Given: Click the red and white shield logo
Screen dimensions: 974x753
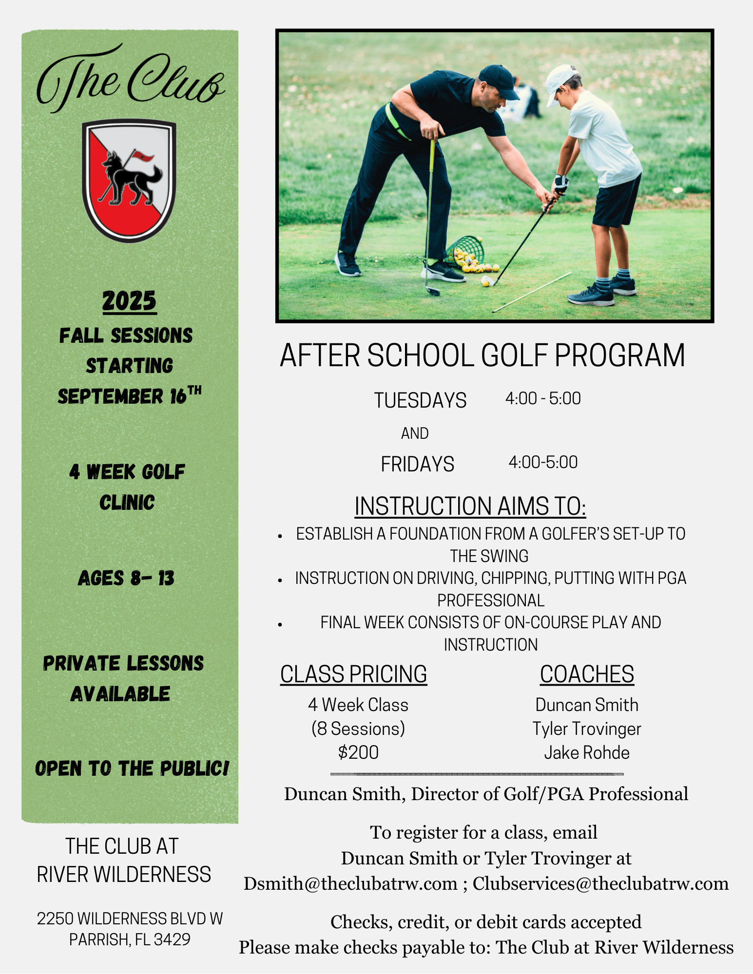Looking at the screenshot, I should (x=129, y=180).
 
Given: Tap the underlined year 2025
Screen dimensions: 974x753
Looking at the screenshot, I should (x=129, y=301).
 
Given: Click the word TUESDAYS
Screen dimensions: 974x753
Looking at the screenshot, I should (x=420, y=400).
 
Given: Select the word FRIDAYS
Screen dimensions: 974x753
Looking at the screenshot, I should (x=417, y=464).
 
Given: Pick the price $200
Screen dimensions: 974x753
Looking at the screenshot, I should (x=358, y=752).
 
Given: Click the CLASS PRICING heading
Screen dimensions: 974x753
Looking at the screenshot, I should (x=353, y=674).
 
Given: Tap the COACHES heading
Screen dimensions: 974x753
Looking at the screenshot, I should (x=587, y=674).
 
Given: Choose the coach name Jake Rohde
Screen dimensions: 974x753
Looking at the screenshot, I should (x=587, y=753).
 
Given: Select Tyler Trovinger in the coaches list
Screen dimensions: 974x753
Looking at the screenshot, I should (x=587, y=729).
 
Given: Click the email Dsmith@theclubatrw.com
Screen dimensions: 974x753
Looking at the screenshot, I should (x=350, y=883).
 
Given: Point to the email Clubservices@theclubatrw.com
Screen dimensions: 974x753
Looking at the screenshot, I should (x=600, y=883).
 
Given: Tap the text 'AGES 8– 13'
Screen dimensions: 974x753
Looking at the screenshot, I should (x=126, y=578).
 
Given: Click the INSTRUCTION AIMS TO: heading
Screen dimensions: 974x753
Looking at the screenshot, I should (x=470, y=506).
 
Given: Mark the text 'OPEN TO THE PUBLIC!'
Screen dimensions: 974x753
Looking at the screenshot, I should (x=132, y=768).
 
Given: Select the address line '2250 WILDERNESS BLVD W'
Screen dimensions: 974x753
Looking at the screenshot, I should (x=130, y=918).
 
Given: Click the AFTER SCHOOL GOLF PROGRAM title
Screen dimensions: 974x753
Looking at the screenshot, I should (x=483, y=355).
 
